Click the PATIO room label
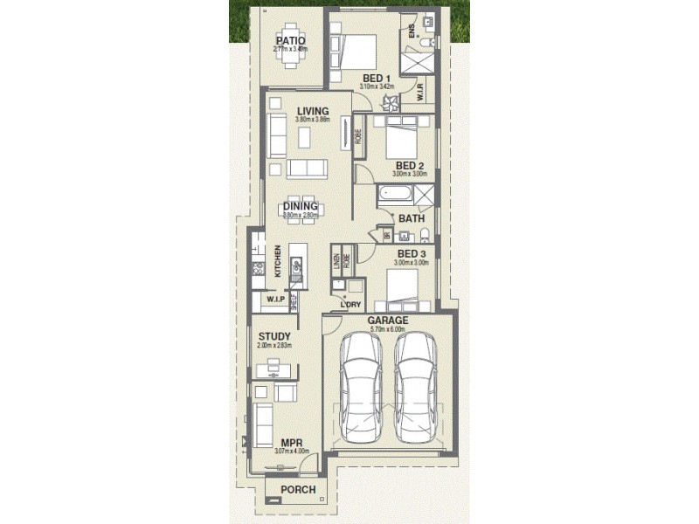289,39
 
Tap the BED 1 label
377,78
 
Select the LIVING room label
312,110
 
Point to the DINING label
300,206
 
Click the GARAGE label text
388,321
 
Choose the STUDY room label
274,336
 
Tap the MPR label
292,443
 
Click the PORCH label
298,490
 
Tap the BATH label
412,218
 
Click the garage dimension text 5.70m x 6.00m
388,329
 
